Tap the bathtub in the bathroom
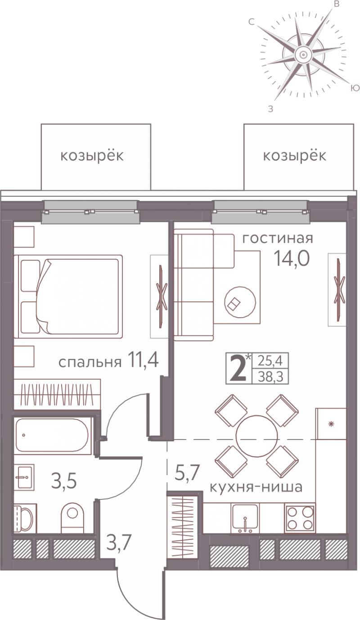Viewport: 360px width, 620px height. (x=53, y=436)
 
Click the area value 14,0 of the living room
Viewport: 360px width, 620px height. (x=291, y=259)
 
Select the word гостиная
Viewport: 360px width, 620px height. (x=278, y=238)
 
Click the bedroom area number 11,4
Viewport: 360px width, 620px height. (x=143, y=360)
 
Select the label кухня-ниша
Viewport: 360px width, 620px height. (x=256, y=487)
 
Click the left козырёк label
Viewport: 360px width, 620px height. (x=92, y=157)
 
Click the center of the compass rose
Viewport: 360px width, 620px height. (x=303, y=54)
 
